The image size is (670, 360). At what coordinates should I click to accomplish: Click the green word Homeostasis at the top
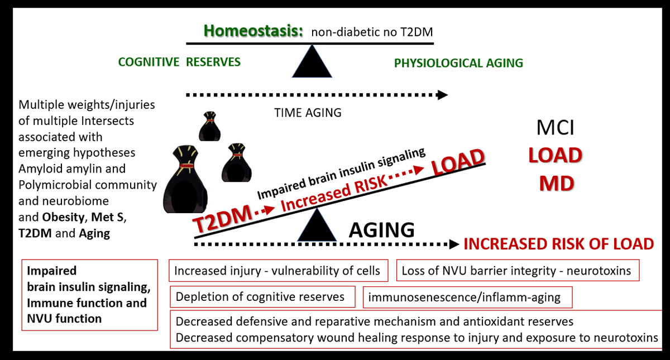coord(253,30)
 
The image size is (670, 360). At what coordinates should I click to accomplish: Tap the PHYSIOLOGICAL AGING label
coord(458,63)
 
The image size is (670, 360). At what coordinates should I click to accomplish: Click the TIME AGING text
coord(308,112)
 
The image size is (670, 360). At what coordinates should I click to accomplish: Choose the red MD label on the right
coord(557,183)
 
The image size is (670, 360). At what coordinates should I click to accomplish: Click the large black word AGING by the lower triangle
coord(382,229)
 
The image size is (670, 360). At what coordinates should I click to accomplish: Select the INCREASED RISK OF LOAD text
coord(558,244)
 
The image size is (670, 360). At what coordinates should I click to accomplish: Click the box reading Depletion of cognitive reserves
coord(262,296)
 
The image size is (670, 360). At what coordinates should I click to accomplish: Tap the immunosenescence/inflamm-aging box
coord(468,297)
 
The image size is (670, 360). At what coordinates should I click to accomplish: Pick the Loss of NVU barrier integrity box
coord(517,271)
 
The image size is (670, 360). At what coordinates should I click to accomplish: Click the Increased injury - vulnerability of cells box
coord(277,271)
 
